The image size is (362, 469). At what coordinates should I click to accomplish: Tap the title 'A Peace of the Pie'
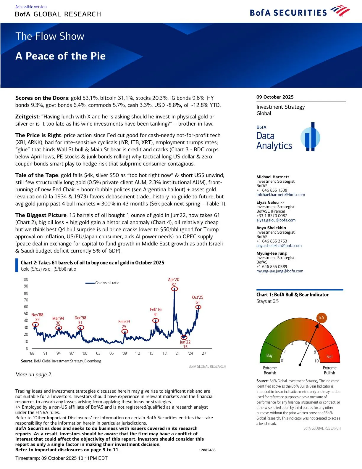click(x=60, y=56)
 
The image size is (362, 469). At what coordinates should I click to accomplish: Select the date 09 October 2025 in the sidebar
click(x=275, y=97)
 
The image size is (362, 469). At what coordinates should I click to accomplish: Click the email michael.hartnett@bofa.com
click(x=280, y=195)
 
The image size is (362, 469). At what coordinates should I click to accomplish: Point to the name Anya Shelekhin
click(x=271, y=228)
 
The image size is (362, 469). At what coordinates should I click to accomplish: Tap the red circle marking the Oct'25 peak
click(x=198, y=307)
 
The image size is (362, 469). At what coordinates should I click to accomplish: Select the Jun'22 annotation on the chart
click(x=185, y=344)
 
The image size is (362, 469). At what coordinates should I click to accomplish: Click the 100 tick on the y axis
click(x=25, y=279)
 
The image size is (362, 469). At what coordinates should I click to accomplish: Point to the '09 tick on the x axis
click(x=125, y=353)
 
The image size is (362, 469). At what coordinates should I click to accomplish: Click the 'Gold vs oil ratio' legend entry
click(x=107, y=283)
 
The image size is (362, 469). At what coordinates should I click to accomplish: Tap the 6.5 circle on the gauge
click(x=321, y=317)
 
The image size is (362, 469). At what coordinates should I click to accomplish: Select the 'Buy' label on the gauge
click(x=269, y=355)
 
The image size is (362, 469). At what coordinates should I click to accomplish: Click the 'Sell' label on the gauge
click(x=329, y=356)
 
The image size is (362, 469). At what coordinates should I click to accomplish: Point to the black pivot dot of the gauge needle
click(x=300, y=365)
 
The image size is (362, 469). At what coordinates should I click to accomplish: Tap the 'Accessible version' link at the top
click(x=31, y=7)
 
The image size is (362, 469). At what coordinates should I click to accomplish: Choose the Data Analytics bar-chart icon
click(x=310, y=137)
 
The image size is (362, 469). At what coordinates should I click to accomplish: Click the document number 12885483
click(x=207, y=450)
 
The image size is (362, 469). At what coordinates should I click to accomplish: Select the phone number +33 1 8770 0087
click(x=271, y=216)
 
